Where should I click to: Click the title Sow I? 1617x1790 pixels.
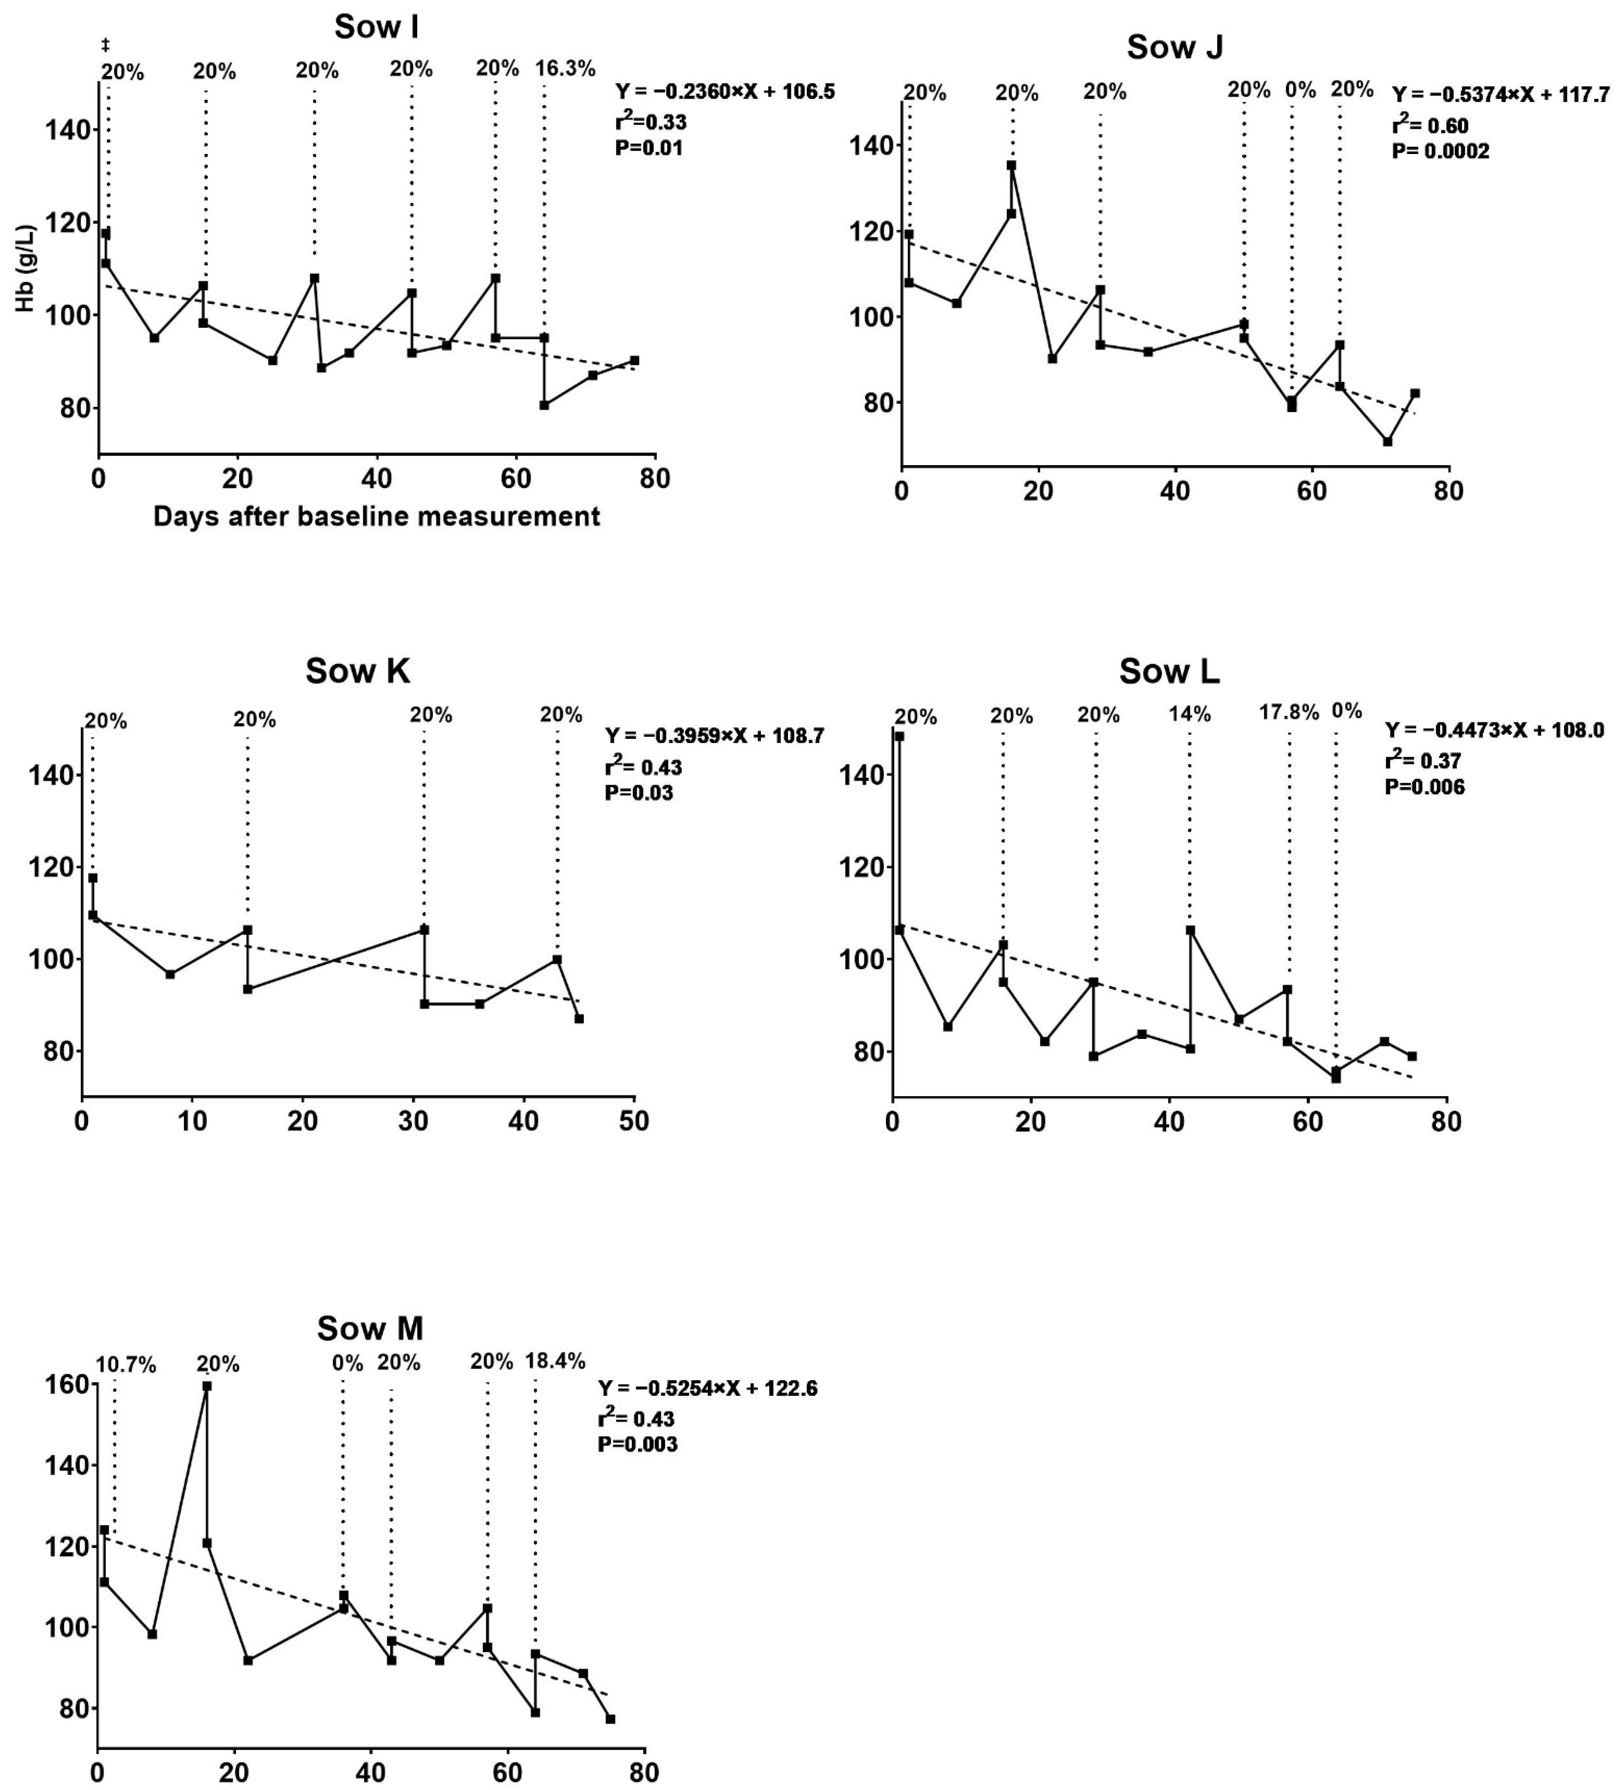[376, 27]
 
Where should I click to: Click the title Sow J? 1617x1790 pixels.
[1175, 47]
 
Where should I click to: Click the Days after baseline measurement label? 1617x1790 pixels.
[376, 516]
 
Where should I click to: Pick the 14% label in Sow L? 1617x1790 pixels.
[1190, 714]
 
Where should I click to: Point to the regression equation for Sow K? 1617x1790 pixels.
[714, 736]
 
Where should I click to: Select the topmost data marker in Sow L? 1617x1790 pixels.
[900, 736]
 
